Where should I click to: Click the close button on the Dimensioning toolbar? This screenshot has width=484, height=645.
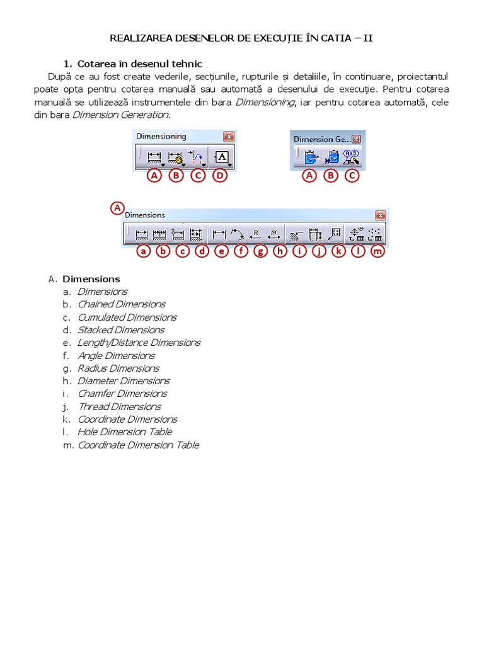(228, 137)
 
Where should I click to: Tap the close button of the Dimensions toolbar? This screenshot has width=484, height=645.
(379, 215)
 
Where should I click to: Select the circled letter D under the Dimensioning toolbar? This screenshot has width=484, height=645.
(219, 176)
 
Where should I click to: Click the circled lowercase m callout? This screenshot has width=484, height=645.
(377, 252)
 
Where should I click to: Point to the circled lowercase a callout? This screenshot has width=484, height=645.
(144, 252)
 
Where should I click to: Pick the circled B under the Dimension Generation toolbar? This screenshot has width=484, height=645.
(331, 176)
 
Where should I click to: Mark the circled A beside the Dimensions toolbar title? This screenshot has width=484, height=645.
(117, 207)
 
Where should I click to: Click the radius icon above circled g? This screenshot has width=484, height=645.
(256, 234)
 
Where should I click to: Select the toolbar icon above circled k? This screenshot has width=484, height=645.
(335, 234)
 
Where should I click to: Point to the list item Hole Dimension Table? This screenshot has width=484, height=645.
(124, 432)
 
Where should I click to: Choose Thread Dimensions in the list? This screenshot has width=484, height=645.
(119, 407)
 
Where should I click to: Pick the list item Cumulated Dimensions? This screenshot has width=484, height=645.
(127, 317)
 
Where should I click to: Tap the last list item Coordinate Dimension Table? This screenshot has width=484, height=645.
(138, 445)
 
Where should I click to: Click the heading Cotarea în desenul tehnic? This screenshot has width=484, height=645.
(139, 64)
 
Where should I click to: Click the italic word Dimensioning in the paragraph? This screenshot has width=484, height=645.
(264, 102)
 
